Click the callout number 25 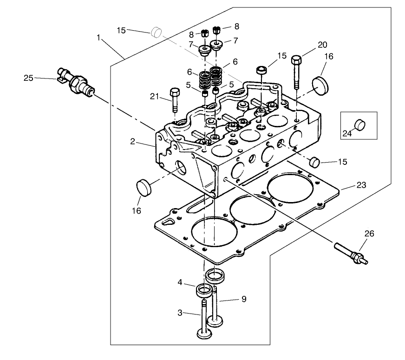[29, 78]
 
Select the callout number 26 [369, 234]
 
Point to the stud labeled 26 [351, 254]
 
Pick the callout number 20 [322, 45]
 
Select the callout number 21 [155, 96]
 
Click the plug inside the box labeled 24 [361, 124]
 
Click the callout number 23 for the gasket [361, 185]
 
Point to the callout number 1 [99, 37]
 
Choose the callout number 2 [133, 141]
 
